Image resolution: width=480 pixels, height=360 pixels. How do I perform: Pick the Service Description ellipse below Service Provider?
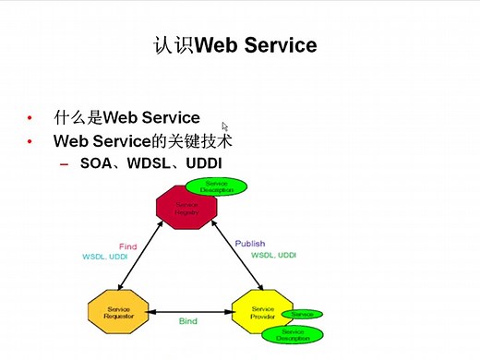coord(293,334)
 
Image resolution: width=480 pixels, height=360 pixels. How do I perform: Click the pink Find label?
coord(128,246)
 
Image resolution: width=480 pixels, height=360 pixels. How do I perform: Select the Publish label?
coord(249,244)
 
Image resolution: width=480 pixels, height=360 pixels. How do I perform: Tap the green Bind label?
coord(189,321)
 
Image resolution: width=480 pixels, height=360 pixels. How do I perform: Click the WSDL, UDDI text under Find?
coord(105,256)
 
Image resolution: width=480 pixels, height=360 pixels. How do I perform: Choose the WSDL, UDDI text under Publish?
coord(274,254)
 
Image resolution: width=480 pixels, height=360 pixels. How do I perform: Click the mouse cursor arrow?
coord(225,126)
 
